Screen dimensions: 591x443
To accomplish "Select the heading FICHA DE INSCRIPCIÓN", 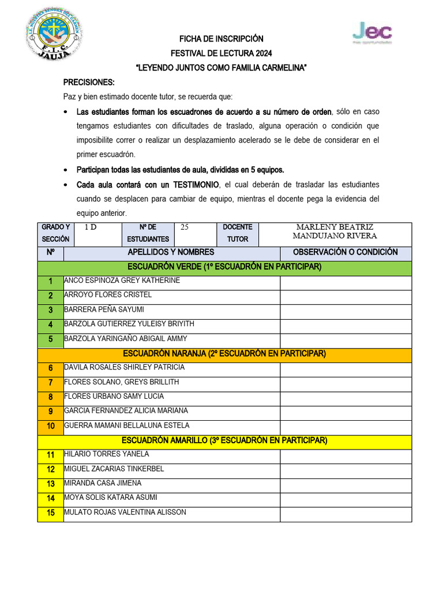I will pos(221,39).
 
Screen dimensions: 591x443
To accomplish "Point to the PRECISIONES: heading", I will pos(89,83).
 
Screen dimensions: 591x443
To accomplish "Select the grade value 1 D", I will pos(91,227).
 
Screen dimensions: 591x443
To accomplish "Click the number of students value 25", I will pos(185,227).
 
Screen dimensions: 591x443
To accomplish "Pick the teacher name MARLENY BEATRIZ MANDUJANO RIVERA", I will pos(335,231).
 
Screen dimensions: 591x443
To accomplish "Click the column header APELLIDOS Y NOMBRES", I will pos(171,252).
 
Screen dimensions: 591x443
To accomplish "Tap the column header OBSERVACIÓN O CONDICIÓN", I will pos(345,252).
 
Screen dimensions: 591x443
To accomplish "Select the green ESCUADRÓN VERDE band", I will pos(224,267).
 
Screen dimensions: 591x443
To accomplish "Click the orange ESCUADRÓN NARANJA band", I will pos(224,353).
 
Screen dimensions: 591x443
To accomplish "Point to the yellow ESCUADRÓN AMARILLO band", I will pos(224,440).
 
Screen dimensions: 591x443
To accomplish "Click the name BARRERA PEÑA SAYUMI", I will pos(104,309).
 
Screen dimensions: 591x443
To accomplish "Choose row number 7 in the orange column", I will pos(51,383).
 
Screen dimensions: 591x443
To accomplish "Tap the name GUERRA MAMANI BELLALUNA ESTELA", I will pos(127,425).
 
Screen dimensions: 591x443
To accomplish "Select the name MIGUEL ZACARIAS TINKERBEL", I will pos(114,469).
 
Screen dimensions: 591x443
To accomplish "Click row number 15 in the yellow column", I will pos(51,513).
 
